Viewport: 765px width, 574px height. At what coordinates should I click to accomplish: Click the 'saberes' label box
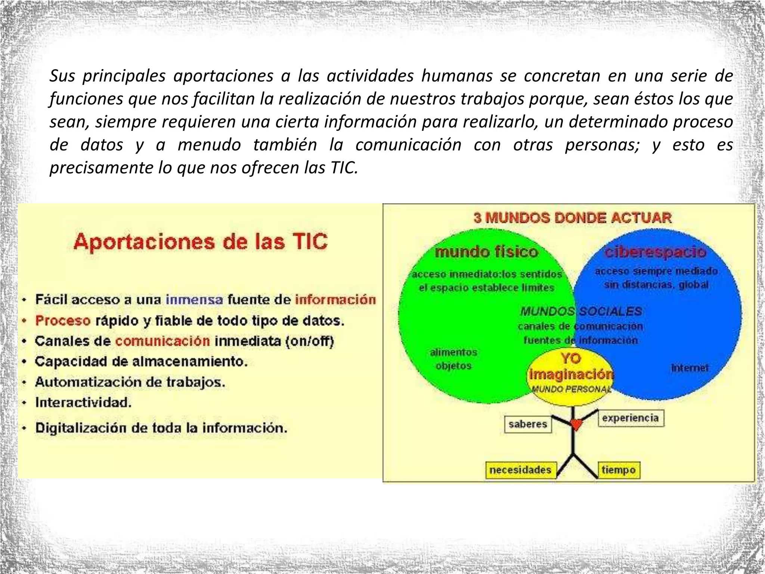pos(528,424)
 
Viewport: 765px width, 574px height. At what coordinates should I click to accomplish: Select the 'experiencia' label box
pos(630,418)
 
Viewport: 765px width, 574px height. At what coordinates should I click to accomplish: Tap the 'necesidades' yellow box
pos(520,470)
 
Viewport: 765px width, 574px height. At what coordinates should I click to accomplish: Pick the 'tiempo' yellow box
pos(619,470)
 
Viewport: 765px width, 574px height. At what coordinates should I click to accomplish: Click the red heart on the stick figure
pos(576,425)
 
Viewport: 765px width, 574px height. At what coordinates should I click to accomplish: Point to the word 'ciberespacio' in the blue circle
pos(655,252)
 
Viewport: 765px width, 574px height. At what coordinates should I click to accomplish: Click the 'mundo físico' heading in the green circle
pos(486,252)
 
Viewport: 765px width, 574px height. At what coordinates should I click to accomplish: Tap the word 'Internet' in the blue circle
pos(690,368)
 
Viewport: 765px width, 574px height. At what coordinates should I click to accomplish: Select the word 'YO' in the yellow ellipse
pos(571,359)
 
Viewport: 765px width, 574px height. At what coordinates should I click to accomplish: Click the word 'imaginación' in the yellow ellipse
pos(571,374)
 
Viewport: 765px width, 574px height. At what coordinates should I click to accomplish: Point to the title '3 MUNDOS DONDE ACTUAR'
pos(572,217)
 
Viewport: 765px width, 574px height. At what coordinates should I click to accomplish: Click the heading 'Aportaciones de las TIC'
pos(201,242)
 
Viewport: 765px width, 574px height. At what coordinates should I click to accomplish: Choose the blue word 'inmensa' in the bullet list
pos(194,300)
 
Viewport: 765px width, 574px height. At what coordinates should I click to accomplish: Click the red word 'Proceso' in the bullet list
pos(63,321)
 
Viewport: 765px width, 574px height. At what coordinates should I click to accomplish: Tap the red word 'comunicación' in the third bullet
pos(162,341)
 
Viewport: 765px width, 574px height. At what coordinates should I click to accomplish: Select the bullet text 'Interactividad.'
pos(83,402)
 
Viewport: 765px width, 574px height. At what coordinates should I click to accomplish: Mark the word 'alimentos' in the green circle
pos(453,352)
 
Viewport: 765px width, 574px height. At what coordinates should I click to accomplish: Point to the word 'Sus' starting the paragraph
pos(62,76)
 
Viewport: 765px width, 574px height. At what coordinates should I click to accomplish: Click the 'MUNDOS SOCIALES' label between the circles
pos(581,311)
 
